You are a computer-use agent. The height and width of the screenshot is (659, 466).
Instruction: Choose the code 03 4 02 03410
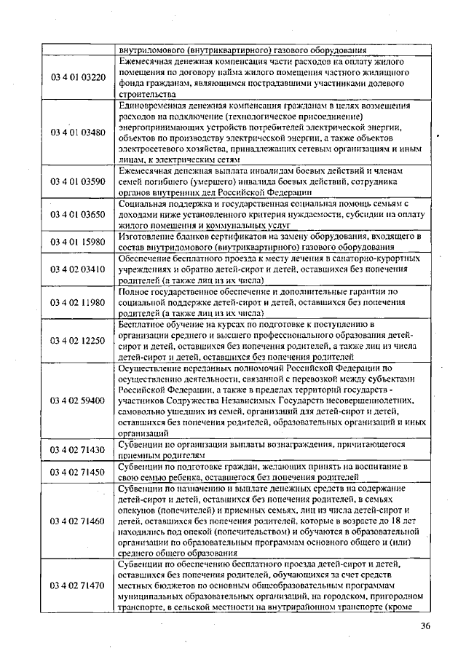click(x=78, y=269)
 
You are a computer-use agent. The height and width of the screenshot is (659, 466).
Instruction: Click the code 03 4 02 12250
click(x=78, y=340)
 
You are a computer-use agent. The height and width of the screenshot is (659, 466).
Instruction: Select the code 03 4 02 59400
click(x=78, y=400)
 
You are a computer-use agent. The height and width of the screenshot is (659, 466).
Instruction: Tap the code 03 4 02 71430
click(x=78, y=449)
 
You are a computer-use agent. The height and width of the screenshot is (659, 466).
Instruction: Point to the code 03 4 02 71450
click(x=78, y=472)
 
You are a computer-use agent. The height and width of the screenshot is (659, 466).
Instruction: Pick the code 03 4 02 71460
click(x=78, y=521)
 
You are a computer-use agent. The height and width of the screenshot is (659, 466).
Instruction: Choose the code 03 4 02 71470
click(x=78, y=585)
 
